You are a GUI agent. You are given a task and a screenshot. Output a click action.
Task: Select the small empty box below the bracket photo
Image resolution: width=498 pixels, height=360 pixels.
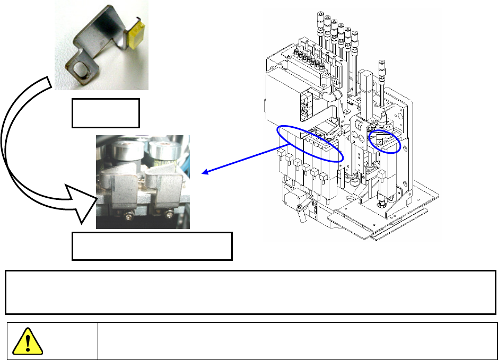click(x=106, y=112)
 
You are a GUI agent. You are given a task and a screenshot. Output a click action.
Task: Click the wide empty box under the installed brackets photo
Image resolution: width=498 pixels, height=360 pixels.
click(x=152, y=245)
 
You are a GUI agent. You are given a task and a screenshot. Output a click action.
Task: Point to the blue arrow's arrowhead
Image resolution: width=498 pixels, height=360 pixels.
click(x=205, y=171)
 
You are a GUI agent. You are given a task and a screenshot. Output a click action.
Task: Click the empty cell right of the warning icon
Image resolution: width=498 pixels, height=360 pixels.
click(x=298, y=341)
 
